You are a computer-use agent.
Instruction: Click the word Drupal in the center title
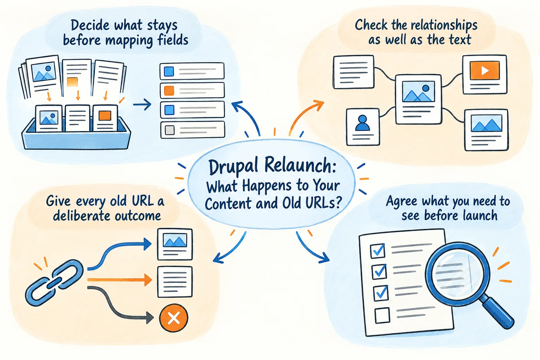[x=234, y=167]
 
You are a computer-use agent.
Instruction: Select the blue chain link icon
[x=54, y=283]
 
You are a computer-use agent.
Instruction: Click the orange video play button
[x=485, y=70]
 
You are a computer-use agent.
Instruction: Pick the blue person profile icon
[x=362, y=123]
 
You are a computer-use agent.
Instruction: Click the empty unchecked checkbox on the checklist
[x=382, y=315]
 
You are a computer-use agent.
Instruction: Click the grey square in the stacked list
[x=169, y=130]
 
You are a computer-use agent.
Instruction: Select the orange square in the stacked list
[x=169, y=91]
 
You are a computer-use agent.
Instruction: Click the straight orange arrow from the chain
[x=120, y=280]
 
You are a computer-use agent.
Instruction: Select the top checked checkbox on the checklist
[x=378, y=251]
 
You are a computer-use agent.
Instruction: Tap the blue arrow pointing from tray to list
[x=142, y=104]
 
